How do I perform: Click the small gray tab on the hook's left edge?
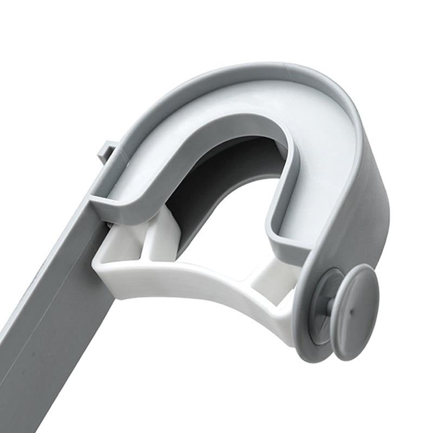pos(107,150)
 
